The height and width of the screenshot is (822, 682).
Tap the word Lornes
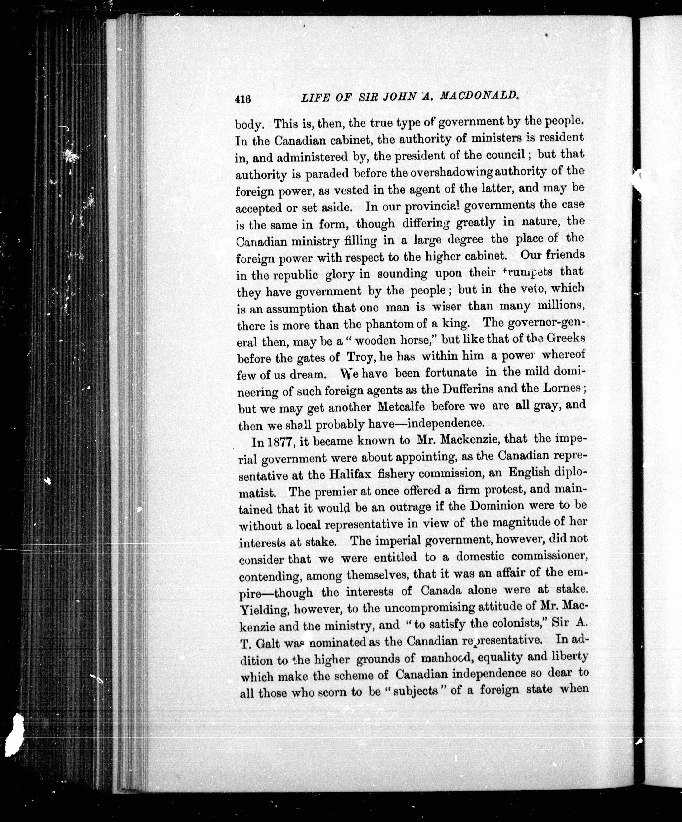point(563,388)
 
